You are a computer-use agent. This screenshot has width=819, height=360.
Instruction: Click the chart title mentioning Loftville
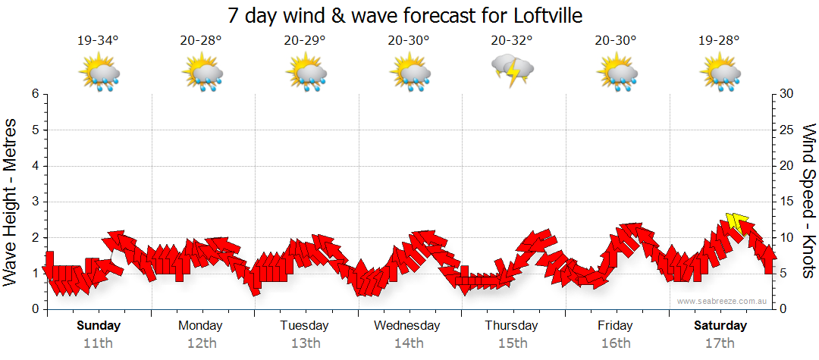(409, 16)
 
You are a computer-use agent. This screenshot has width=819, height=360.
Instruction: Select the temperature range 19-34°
(98, 41)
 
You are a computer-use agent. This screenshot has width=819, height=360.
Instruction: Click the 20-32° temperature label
(512, 41)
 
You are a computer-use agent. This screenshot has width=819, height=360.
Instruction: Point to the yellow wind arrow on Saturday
(734, 222)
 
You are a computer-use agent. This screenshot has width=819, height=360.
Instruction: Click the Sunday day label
(98, 326)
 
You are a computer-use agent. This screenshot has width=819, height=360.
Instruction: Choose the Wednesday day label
(408, 326)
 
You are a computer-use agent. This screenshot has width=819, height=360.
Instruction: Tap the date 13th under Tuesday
(305, 343)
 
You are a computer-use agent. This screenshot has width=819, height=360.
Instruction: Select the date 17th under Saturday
(720, 343)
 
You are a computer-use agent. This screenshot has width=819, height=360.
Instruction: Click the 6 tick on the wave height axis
(35, 94)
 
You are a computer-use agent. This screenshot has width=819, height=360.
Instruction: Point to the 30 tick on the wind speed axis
(787, 94)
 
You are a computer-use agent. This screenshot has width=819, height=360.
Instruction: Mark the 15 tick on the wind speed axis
(787, 202)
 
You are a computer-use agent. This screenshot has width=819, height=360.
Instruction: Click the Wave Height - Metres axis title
(11, 202)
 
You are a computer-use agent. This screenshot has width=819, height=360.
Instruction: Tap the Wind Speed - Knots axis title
(808, 202)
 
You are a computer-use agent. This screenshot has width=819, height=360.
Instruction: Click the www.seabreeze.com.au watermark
(723, 302)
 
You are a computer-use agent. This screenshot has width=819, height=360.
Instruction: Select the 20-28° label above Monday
(201, 41)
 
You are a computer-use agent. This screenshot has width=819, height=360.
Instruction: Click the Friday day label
(615, 326)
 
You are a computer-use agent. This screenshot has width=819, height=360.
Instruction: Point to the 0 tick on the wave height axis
(35, 309)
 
